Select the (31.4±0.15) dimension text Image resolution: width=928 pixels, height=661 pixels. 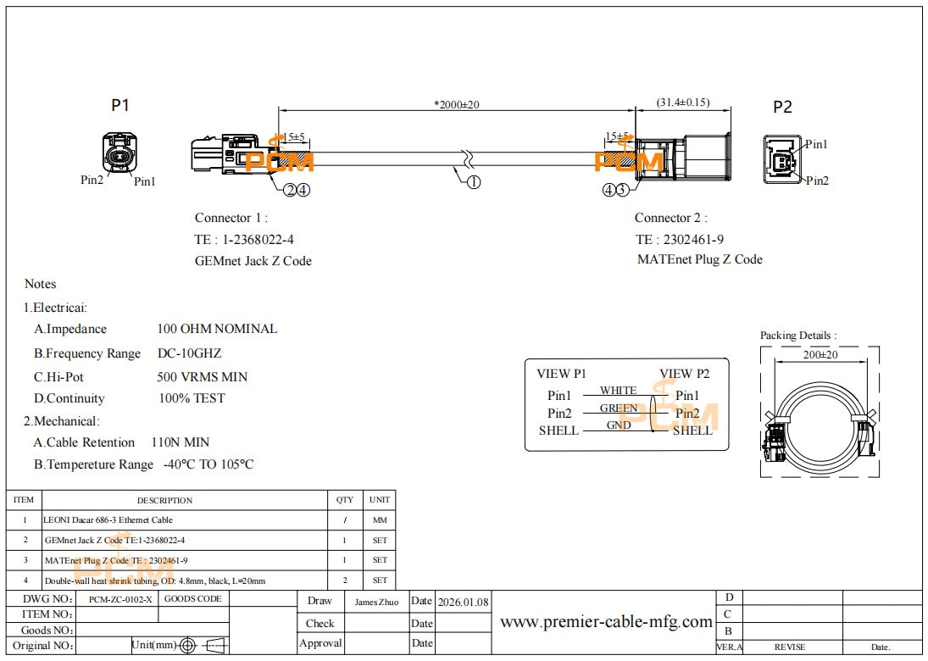pos(682,103)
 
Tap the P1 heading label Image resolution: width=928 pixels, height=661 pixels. pos(120,105)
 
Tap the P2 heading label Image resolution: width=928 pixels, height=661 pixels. pos(782,107)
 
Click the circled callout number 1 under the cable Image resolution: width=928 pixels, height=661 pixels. pos(474,182)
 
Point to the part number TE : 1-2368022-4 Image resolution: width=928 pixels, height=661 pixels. pos(245,240)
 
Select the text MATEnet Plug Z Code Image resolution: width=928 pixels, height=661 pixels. pos(699,259)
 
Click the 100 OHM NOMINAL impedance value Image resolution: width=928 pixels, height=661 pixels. pos(217,329)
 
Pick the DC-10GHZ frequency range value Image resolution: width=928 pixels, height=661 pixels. pos(189,353)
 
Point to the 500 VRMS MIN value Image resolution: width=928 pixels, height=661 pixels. pos(202,376)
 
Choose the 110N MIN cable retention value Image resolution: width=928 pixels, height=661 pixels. pos(180,442)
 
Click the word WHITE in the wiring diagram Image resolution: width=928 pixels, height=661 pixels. pos(618,391)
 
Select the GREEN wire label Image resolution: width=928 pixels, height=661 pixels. pos(619,408)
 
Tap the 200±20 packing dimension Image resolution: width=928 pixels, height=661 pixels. pos(820,355)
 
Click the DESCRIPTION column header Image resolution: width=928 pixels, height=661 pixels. pos(165,500)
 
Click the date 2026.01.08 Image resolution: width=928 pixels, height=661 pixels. pos(463,602)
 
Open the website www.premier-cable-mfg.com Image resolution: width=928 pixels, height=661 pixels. pos(606,622)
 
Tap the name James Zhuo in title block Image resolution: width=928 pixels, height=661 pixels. pos(377,602)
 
